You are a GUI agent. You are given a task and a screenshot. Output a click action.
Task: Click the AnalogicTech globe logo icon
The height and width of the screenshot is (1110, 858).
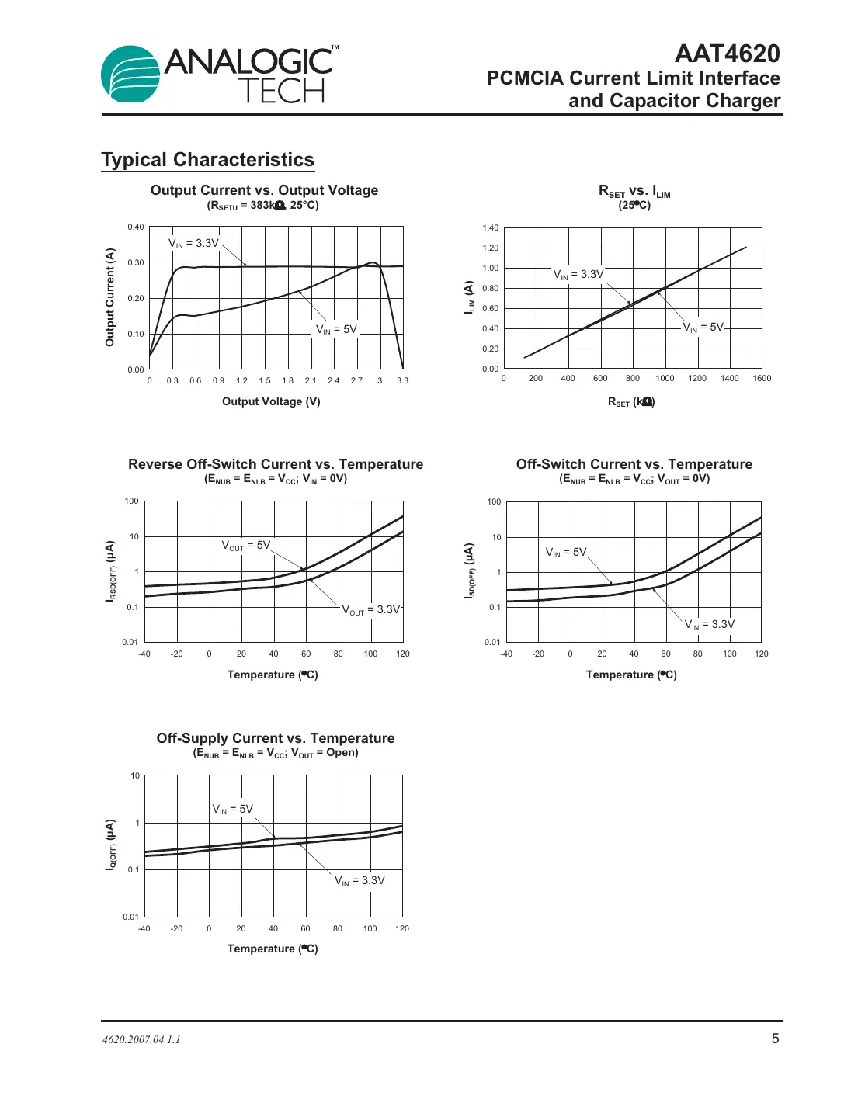[x=131, y=75]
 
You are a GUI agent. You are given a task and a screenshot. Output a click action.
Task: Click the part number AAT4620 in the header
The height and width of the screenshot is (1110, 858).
[x=727, y=54]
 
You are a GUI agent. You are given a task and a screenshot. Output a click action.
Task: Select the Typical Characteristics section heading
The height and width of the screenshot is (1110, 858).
[x=207, y=160]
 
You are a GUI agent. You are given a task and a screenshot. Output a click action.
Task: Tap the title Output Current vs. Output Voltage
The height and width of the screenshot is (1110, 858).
[x=264, y=190]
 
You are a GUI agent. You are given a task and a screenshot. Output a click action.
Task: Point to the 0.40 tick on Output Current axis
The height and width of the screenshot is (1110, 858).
[x=136, y=227]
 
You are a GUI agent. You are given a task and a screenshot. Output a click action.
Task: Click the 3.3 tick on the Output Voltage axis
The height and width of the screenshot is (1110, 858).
[x=402, y=381]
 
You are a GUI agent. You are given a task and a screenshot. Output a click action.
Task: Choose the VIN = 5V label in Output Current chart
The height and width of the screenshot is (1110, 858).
[x=336, y=330]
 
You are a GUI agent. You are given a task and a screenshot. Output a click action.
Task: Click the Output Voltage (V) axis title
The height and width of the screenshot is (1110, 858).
[x=271, y=401]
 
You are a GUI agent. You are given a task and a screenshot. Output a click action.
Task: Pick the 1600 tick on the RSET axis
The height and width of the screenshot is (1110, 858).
[x=762, y=379]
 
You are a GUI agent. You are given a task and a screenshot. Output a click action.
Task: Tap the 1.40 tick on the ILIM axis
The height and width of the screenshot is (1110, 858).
[x=491, y=228]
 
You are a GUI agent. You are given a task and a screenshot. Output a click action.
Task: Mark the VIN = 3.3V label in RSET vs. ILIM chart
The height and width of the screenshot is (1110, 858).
[x=578, y=275]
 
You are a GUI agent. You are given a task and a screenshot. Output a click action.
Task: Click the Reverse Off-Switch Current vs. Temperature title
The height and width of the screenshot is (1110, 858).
[x=276, y=464]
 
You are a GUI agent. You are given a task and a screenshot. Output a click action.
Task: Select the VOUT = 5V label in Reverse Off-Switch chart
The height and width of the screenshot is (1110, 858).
[x=246, y=546]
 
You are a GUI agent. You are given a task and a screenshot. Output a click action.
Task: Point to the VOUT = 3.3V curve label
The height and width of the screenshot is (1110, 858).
[x=371, y=610]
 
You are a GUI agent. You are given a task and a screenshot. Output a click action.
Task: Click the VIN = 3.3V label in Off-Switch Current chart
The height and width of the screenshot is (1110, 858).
[x=709, y=625]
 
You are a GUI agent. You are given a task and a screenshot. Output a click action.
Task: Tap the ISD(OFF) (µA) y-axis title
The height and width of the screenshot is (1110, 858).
[x=469, y=571]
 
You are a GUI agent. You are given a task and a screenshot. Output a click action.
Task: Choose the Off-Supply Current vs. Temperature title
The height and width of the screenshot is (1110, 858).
[x=276, y=738]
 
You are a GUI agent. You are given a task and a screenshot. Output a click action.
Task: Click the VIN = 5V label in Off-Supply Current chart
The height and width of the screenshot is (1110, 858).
[x=233, y=809]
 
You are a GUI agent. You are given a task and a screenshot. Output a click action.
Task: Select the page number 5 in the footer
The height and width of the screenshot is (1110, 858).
[x=775, y=1039]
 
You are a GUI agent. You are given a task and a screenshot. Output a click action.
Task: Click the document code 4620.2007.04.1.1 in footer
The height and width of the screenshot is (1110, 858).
[x=141, y=1039]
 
